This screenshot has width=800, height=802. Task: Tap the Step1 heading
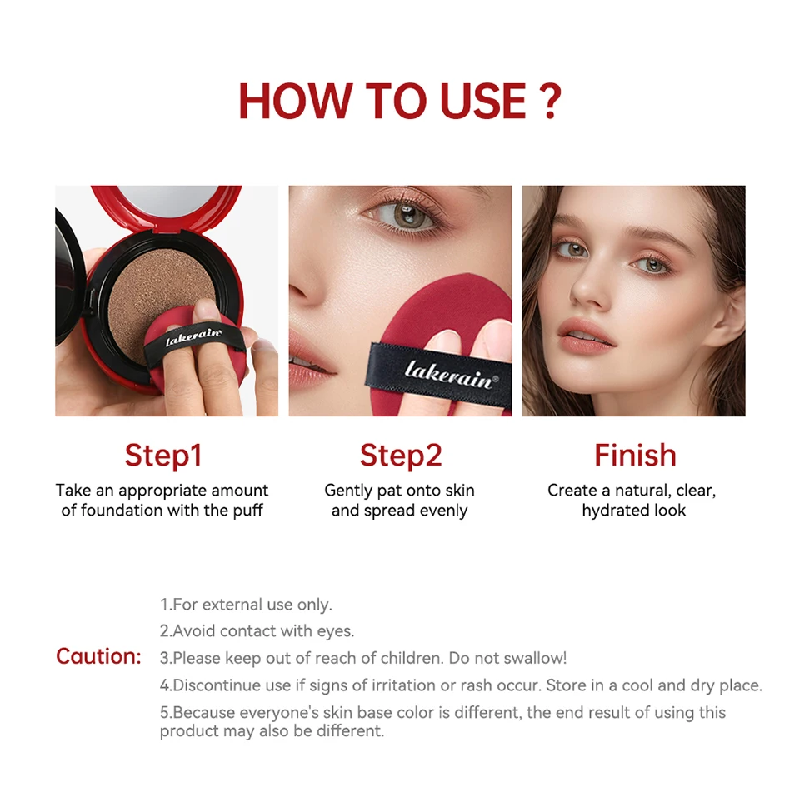point(163,456)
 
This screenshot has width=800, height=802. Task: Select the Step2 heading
point(400,456)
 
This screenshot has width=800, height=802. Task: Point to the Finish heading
point(635,455)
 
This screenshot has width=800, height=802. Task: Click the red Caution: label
point(98,656)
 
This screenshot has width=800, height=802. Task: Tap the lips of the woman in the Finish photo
point(585,336)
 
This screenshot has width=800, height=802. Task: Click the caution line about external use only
point(246,604)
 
